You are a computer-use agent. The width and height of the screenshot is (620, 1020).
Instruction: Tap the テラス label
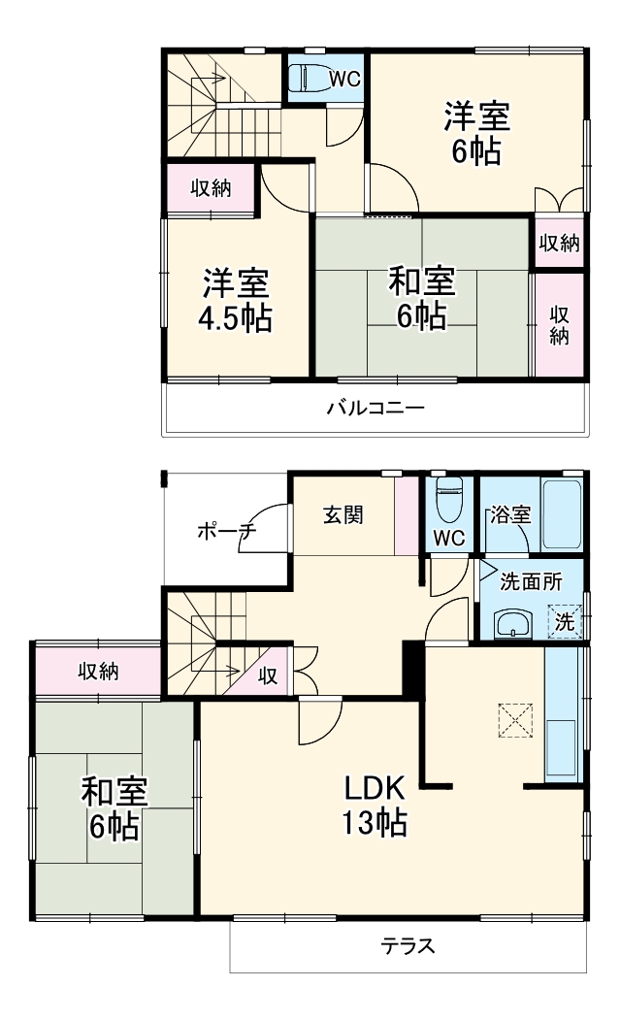pyautogui.click(x=407, y=944)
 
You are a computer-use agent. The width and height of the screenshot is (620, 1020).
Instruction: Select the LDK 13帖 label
pyautogui.click(x=373, y=805)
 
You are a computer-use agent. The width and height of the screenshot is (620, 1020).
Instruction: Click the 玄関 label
pyautogui.click(x=343, y=514)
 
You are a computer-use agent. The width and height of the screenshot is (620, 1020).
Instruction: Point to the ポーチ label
pyautogui.click(x=225, y=531)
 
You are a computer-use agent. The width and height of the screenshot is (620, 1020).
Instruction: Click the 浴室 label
pyautogui.click(x=509, y=515)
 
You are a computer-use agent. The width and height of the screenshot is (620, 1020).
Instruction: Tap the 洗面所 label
pyautogui.click(x=530, y=582)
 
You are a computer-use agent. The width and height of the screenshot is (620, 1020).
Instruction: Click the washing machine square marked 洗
pyautogui.click(x=564, y=621)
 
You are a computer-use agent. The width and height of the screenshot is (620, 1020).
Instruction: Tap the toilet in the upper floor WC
pyautogui.click(x=311, y=76)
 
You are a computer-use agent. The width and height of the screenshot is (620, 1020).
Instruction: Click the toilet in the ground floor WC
pyautogui.click(x=448, y=501)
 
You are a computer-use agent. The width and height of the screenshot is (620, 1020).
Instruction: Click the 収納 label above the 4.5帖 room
pyautogui.click(x=210, y=188)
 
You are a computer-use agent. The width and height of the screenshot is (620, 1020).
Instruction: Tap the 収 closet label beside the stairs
pyautogui.click(x=267, y=676)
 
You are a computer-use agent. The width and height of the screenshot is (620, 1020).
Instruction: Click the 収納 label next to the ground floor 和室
pyautogui.click(x=98, y=671)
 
